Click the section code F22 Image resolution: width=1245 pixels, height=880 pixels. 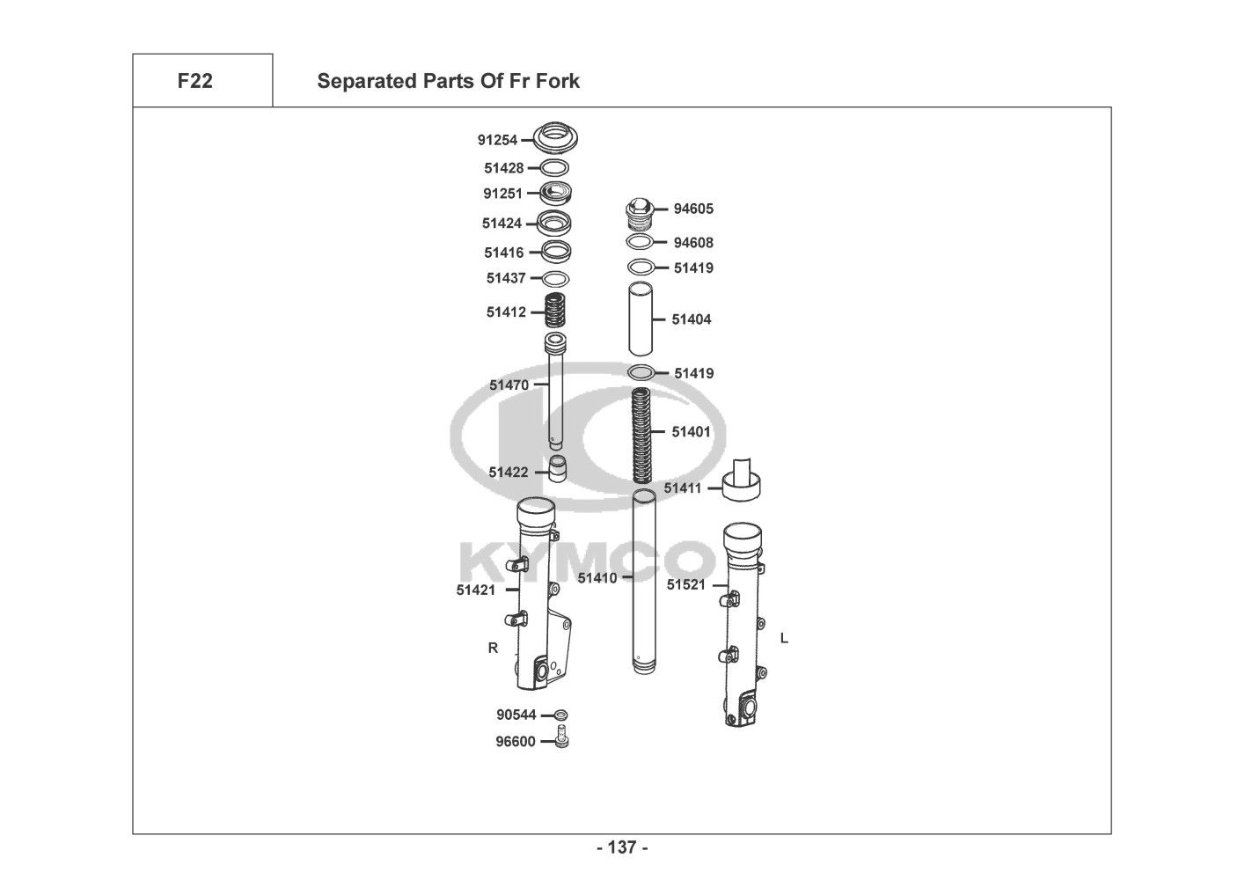(x=194, y=81)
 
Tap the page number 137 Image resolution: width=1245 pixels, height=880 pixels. (x=622, y=847)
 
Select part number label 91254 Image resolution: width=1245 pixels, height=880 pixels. (x=497, y=140)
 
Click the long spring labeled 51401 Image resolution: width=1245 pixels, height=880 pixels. (x=643, y=436)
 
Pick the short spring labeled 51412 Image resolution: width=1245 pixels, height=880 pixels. (x=553, y=312)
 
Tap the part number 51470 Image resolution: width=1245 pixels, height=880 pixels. (x=509, y=385)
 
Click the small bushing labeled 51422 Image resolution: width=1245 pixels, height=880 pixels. (x=556, y=467)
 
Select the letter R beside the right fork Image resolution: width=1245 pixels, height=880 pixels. (x=493, y=648)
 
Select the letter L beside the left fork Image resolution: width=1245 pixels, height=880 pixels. (x=784, y=638)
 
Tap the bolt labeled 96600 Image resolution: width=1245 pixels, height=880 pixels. (x=561, y=740)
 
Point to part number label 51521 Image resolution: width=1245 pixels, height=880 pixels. (x=685, y=584)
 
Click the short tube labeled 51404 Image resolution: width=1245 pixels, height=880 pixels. (x=640, y=319)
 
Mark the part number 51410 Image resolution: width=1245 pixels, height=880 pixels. (x=597, y=578)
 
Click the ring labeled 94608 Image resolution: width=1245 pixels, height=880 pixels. (x=640, y=242)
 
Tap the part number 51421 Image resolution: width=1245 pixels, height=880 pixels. (x=475, y=590)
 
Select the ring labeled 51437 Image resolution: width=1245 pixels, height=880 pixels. (x=554, y=279)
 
